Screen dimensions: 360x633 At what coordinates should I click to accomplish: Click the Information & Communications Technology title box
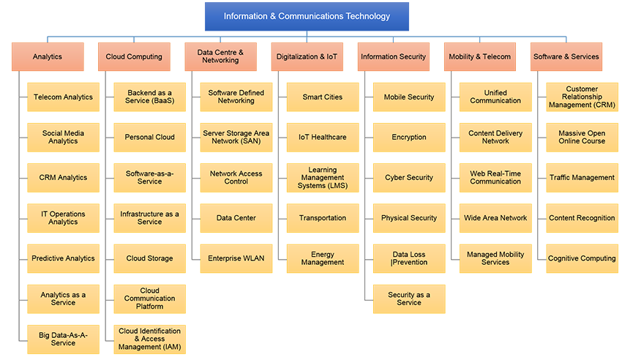coord(307,16)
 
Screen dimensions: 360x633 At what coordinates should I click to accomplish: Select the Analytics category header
coord(48,56)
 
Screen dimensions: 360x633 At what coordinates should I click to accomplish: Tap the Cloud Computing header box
coord(134,56)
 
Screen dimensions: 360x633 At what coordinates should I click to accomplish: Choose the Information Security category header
coord(393,56)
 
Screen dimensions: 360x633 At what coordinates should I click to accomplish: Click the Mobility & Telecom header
coord(479,56)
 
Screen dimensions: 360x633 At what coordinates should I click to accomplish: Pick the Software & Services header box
coord(566,56)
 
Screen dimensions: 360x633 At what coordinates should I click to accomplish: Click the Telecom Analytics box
coord(63,97)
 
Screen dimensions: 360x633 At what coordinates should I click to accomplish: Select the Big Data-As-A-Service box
coord(63,339)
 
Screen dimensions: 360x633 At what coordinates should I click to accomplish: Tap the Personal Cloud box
coord(149,138)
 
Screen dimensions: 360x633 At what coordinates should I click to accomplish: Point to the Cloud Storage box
coord(149,258)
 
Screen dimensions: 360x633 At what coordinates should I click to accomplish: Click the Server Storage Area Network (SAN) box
coord(236,138)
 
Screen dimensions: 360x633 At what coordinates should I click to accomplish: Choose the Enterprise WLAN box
coord(236,258)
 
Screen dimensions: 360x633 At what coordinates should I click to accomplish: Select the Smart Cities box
coord(322,97)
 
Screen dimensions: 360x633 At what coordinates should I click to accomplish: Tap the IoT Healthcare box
coord(322,138)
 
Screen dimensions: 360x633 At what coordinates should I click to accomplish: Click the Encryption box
coord(408,138)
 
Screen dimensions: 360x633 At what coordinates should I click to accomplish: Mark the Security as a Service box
coord(408,299)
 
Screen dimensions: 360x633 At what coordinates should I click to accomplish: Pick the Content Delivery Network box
coord(495,138)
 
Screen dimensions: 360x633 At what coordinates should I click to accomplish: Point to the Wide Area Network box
coord(495,218)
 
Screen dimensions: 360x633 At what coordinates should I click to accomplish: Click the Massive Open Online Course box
coord(582,138)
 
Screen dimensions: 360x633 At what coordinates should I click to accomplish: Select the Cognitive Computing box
coord(582,258)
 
